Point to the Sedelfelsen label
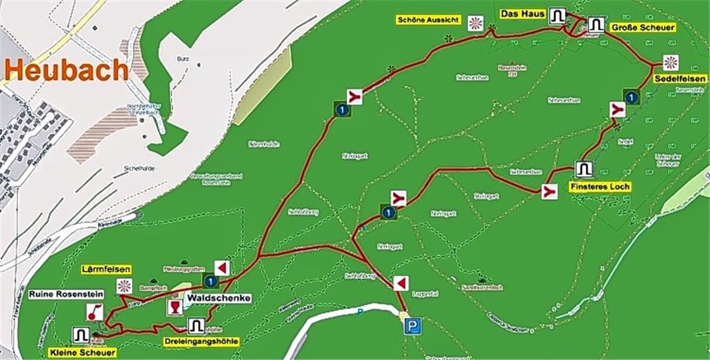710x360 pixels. point(680,80)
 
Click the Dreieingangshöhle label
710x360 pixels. point(202,341)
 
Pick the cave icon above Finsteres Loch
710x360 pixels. point(583,169)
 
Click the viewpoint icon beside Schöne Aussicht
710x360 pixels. point(475,23)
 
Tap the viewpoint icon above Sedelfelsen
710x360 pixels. point(670,62)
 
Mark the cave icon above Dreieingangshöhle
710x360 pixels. point(196,325)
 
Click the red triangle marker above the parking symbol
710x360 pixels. point(399,283)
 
